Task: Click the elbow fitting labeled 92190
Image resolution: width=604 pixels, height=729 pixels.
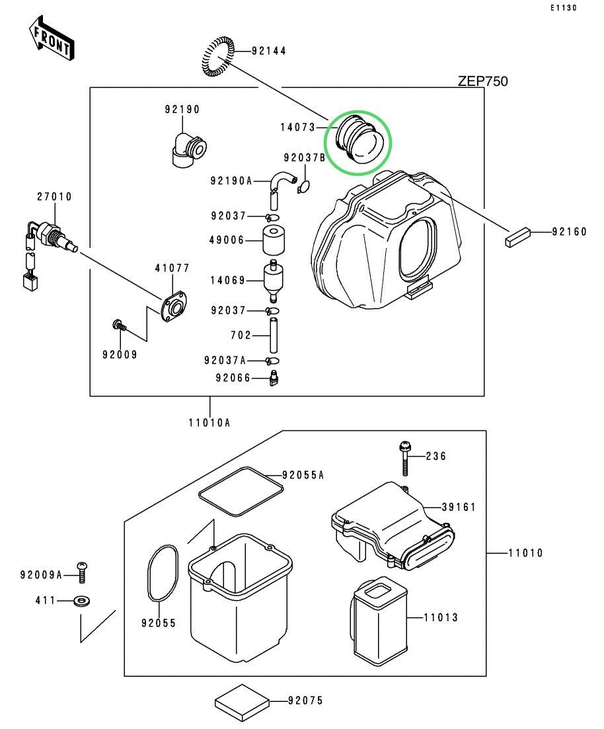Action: pos(188,150)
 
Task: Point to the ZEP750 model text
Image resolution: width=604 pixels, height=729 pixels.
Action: pos(482,81)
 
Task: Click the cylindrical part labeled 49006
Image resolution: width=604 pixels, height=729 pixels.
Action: pos(272,241)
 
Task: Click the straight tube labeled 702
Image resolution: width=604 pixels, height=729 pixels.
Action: pos(272,335)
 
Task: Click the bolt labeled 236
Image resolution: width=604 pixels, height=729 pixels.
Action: pos(404,458)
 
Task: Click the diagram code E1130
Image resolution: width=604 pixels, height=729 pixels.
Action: pos(562,8)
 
